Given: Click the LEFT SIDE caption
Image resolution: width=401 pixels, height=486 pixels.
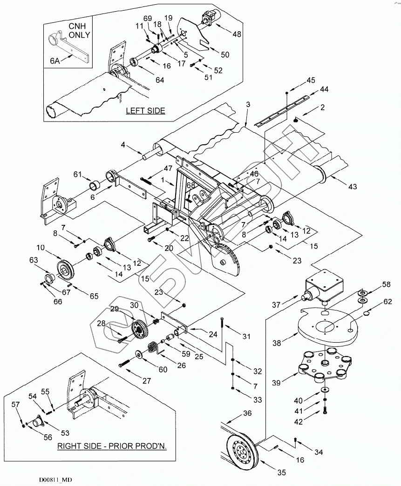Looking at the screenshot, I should (x=146, y=110).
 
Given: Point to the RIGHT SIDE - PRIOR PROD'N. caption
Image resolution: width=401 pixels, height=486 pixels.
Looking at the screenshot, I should (x=112, y=445).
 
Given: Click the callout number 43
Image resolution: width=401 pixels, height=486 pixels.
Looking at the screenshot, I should (x=353, y=187).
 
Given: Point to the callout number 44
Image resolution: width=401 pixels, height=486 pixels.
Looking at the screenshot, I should (x=323, y=88).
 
